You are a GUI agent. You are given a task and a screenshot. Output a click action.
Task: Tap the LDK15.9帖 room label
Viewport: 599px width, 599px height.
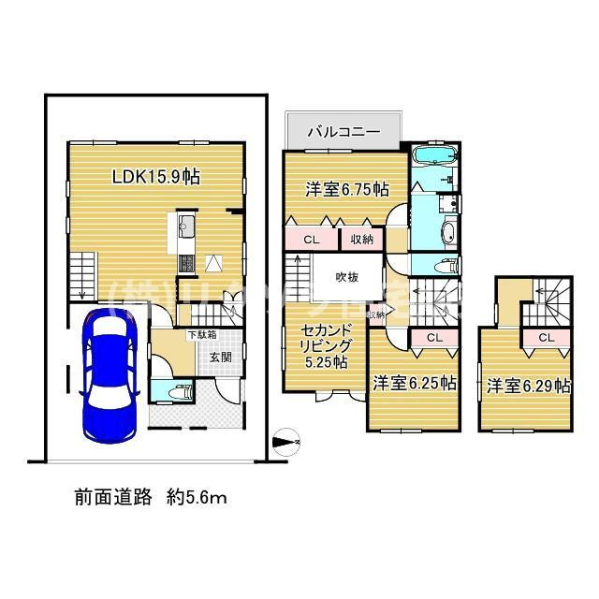click(156, 176)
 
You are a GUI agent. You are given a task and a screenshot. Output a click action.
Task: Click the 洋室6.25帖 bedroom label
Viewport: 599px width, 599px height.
click(414, 383)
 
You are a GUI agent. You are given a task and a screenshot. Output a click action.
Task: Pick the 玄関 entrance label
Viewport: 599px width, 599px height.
click(221, 357)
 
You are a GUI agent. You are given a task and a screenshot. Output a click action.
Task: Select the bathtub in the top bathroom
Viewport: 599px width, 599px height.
click(433, 154)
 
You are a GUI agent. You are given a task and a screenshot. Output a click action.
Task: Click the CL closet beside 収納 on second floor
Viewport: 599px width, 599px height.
click(311, 240)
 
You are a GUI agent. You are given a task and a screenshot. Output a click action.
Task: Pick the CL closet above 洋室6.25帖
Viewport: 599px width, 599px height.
click(433, 337)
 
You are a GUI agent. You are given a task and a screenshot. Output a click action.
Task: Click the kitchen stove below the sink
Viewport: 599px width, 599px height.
click(184, 263)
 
